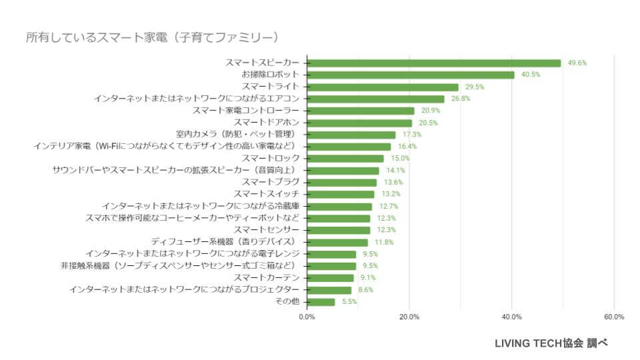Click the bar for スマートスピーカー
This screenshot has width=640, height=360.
point(434,63)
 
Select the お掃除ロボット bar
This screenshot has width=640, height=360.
point(411,75)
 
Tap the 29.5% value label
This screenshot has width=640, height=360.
point(475,87)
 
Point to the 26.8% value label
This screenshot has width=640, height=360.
point(461,99)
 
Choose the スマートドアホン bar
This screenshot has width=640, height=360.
point(360,123)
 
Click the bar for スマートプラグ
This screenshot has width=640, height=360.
point(342,182)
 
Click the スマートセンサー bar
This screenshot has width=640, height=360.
point(339,230)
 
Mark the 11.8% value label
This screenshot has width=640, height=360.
point(384,242)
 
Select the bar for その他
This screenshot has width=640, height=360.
point(321,302)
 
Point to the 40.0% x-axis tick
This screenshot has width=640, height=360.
point(511,317)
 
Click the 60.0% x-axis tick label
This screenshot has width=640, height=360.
point(613,317)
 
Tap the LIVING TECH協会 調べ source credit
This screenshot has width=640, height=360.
point(551,343)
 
